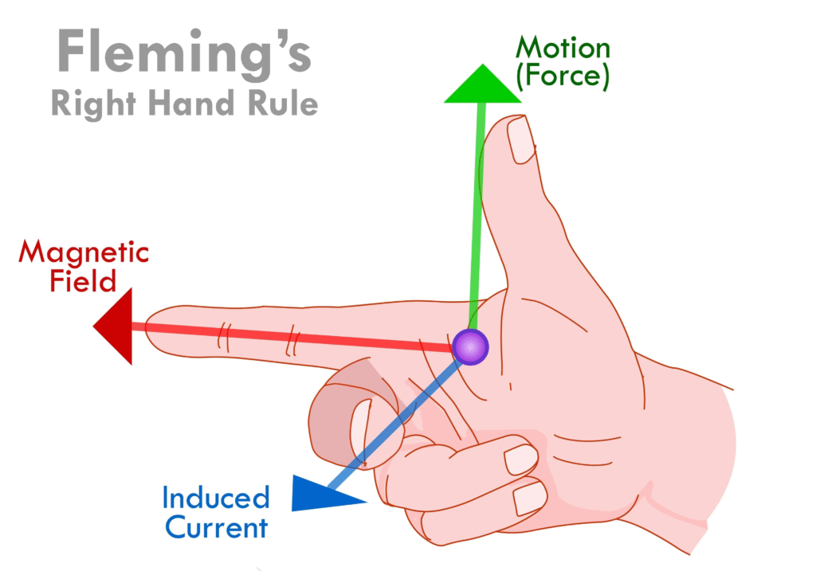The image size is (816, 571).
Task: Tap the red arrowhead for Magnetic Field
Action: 114,327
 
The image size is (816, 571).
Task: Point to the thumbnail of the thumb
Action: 522,139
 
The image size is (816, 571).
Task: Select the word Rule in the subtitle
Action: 277,104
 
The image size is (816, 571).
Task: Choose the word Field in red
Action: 83,280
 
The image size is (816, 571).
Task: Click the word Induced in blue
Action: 216,499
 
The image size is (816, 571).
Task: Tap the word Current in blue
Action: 214,527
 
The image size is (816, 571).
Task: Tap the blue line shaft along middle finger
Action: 398,422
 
